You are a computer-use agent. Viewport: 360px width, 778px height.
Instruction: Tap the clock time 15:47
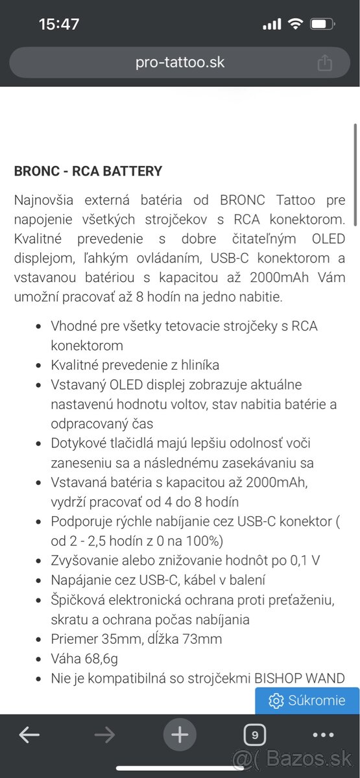[59, 25]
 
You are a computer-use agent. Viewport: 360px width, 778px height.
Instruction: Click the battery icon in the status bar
[322, 25]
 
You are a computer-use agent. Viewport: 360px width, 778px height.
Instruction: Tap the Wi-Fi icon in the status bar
[296, 25]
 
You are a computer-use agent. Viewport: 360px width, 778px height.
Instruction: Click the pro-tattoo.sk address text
[180, 63]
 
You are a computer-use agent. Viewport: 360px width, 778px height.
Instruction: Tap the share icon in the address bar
[324, 63]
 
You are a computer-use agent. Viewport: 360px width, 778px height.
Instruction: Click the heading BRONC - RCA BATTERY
[88, 172]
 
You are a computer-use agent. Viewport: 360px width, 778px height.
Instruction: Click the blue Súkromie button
[307, 701]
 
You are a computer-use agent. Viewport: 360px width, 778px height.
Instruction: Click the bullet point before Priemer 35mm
[40, 640]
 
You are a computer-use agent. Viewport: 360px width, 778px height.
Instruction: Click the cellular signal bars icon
[272, 25]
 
